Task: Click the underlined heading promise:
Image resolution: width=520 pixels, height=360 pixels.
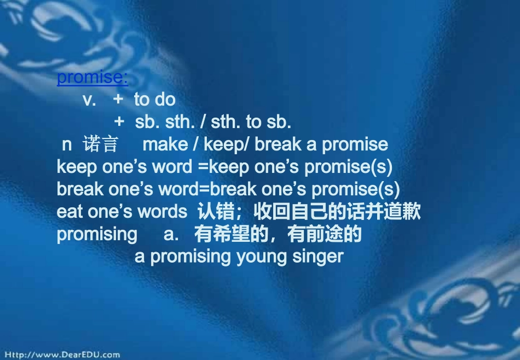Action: pos(93,78)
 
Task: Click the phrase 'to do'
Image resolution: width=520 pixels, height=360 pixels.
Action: pos(154,100)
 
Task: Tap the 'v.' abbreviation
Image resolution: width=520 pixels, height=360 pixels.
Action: pos(89,100)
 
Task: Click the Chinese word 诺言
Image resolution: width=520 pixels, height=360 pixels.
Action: pos(100,144)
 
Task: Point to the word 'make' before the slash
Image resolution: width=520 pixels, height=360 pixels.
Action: pos(165,144)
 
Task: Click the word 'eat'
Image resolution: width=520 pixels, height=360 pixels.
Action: pos(70,212)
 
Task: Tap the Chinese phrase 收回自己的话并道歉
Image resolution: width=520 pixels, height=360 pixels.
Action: pos(337,212)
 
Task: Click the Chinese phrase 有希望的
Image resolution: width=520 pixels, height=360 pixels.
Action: pos(232,234)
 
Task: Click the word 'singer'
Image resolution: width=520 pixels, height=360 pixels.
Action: pos(320,256)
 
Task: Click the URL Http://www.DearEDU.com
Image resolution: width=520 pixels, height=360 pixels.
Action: pos(60,355)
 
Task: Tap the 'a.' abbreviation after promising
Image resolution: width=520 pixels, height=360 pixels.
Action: pos(171,234)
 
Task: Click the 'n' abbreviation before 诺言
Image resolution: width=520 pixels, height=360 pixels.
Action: pos(67,144)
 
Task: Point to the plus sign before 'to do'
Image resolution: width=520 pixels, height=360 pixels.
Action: pos(118,100)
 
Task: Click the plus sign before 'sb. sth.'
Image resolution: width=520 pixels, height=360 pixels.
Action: pos(119,122)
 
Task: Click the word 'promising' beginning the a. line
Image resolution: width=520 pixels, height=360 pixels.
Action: pos(97,234)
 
